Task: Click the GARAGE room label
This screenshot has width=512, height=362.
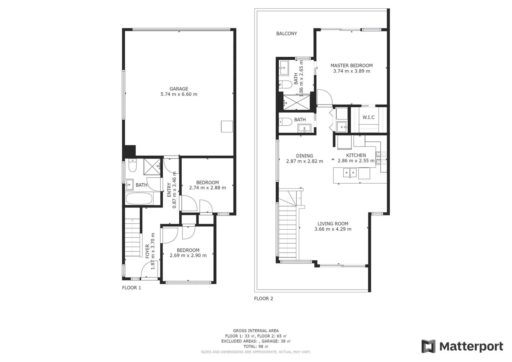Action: point(179,89)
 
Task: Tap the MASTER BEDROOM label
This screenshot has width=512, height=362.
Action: point(351,66)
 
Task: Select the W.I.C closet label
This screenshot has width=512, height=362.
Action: point(368,117)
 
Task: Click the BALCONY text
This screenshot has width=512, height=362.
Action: point(286,34)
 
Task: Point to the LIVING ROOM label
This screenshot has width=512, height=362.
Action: point(333,224)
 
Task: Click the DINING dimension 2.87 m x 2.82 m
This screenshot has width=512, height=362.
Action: point(304,161)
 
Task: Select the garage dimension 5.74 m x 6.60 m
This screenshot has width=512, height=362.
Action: point(179,95)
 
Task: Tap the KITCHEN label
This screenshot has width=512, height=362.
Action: point(356,155)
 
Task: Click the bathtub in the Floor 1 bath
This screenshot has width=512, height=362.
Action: point(139,198)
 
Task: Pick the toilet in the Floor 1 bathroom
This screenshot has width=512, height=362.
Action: point(132,166)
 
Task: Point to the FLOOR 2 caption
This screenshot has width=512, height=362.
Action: point(264,299)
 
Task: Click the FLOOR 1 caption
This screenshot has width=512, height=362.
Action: point(131,288)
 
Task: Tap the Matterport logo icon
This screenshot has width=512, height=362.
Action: point(428,346)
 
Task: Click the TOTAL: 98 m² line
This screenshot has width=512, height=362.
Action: point(255,347)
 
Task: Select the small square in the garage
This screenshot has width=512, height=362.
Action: point(227,126)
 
